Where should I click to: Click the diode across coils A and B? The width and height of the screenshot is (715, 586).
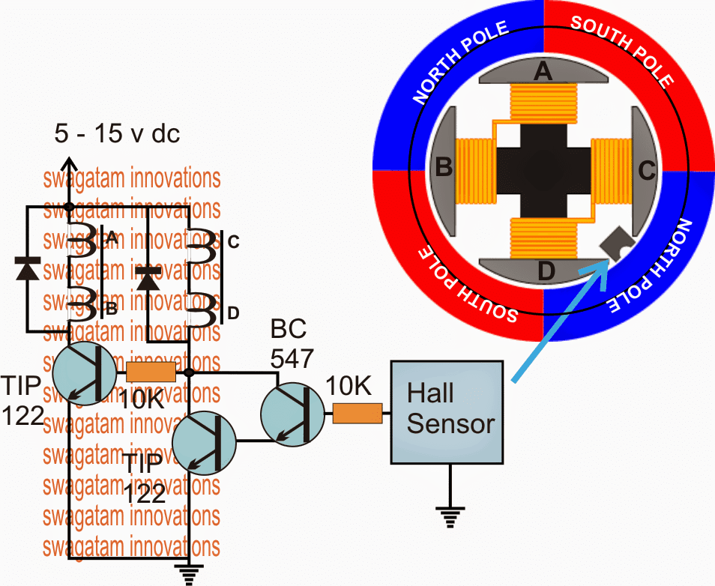point(28,268)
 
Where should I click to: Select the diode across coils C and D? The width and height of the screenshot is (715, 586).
point(148,278)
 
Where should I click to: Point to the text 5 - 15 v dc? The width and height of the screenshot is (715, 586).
point(117,135)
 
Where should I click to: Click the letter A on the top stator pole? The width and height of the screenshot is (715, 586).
point(542,72)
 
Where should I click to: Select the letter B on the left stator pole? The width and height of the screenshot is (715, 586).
point(444,168)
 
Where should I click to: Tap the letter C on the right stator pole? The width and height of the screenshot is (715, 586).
point(645,170)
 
